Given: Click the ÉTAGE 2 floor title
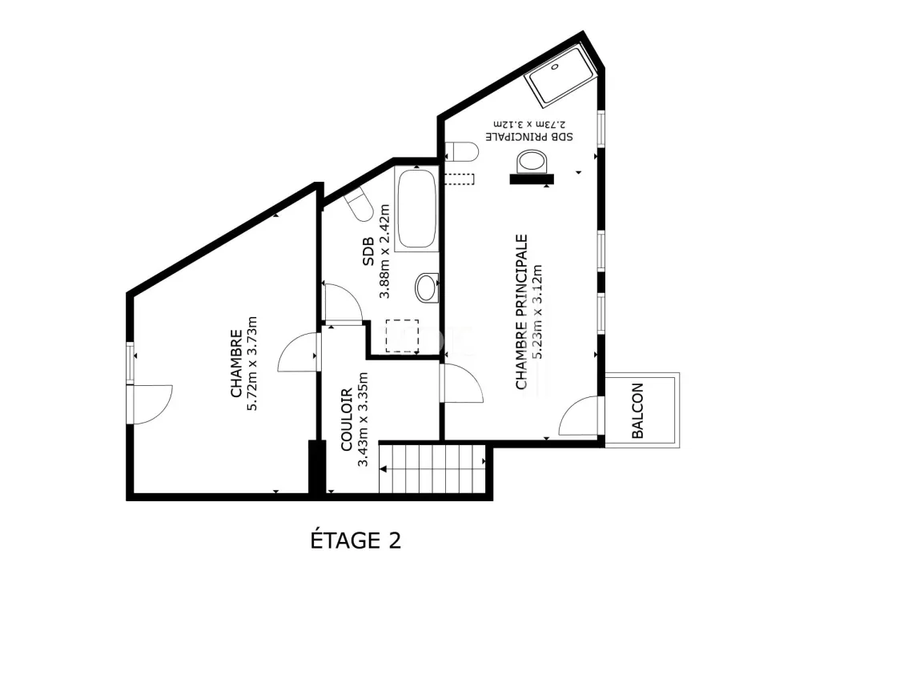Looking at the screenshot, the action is coord(356,540).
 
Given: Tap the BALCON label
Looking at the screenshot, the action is coord(637,411).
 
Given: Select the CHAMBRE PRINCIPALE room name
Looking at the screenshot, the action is coord(521,311).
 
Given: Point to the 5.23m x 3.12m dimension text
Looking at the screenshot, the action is coord(536,312).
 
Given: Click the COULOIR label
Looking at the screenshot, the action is coord(347,420).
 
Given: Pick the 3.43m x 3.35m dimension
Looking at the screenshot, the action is coord(363,420).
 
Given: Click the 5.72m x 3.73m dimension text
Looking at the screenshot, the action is coord(252,364).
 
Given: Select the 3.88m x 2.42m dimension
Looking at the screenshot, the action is coord(384,251).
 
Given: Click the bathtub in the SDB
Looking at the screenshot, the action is coord(416,209).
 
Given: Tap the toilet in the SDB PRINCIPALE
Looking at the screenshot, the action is coord(462,152).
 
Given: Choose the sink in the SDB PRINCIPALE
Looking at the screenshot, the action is coord(532,161).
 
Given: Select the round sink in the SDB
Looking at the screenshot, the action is coord(427,287).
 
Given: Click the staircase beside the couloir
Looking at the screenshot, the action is coord(432,468).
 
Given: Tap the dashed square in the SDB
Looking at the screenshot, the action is coord(402,335).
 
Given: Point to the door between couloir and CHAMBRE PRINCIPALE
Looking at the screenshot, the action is coord(462,383).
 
